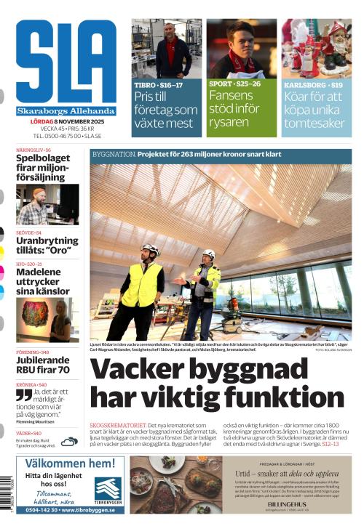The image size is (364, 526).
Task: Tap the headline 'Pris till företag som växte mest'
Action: (166, 110)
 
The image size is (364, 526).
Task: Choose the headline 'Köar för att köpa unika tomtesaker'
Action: (314, 110)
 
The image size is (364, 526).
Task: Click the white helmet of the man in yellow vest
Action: (149, 249)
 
